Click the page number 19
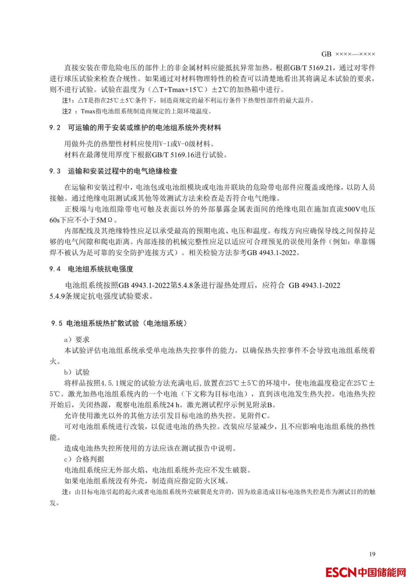click(372, 554)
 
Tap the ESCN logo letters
click(341, 572)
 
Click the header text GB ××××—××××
click(348, 54)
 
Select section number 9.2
click(55, 128)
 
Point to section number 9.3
click(55, 171)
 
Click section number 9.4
click(55, 269)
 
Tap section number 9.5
click(56, 323)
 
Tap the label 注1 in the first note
click(68, 101)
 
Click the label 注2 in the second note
click(67, 111)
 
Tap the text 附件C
click(258, 416)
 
